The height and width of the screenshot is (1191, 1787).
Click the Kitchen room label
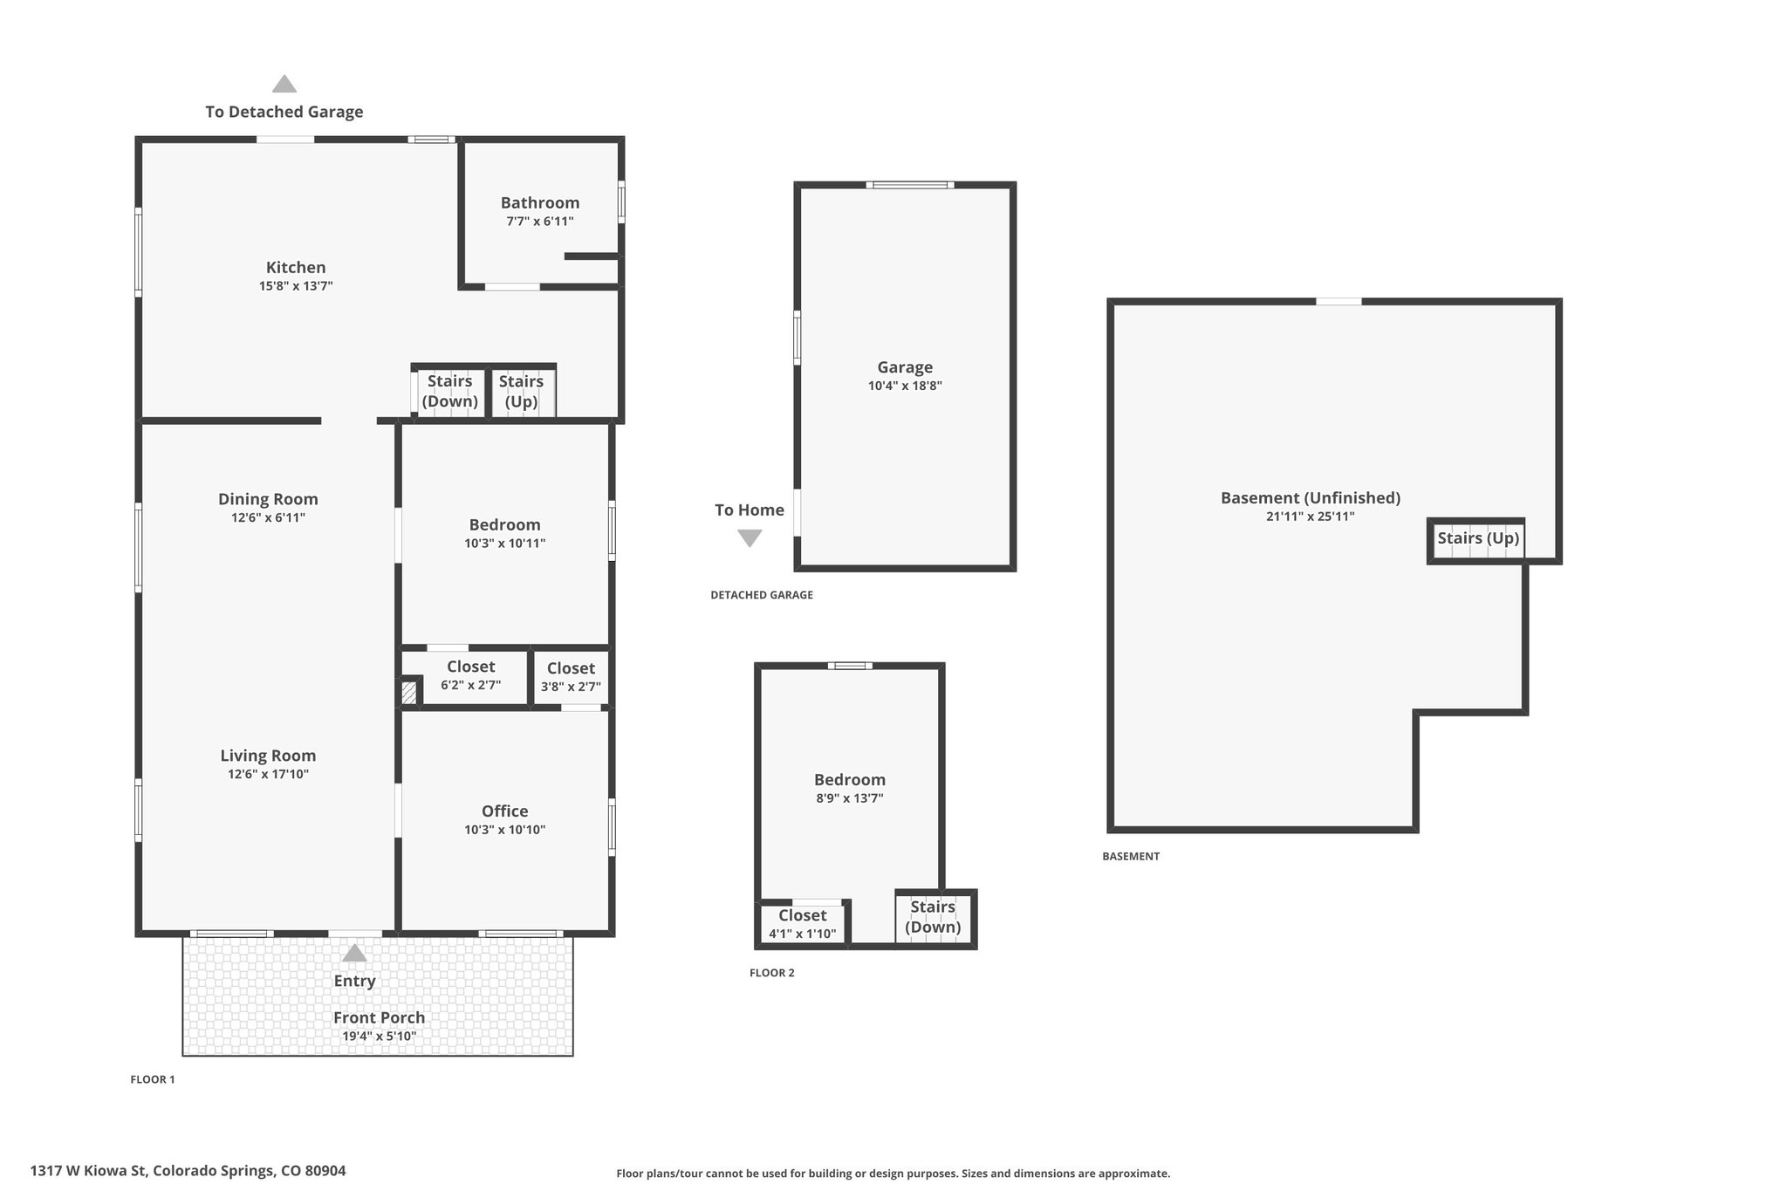296,267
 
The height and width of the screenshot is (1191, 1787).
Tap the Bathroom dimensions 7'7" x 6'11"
540,222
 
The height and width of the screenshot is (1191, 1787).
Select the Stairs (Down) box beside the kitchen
449,392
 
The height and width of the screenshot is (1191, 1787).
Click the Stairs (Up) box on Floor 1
522,392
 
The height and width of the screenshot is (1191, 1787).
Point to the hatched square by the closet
409,693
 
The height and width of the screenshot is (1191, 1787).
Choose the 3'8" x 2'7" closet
571,677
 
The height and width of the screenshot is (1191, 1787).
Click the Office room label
505,811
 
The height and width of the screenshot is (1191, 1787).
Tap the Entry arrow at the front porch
354,953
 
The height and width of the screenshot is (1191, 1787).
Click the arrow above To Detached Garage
284,84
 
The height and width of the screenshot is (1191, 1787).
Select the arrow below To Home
750,538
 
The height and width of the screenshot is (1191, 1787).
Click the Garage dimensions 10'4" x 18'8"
905,386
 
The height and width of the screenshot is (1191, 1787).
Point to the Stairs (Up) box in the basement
1477,540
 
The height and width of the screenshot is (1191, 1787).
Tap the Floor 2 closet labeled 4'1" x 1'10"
803,924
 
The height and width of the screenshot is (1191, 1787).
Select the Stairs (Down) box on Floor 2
934,917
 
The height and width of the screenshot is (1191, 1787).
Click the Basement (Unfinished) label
1311,498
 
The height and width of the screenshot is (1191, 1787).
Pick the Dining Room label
268,499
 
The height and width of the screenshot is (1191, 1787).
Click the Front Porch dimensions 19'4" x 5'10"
379,1037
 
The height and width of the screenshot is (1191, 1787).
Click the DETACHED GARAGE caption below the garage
762,595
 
